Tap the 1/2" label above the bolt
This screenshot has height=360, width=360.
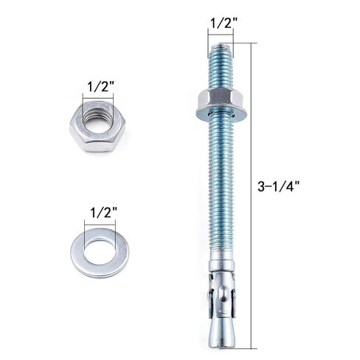tap(221, 23)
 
